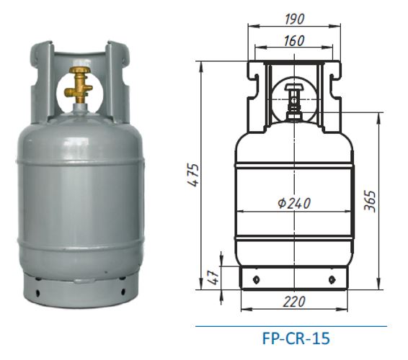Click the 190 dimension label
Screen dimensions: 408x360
click(294, 19)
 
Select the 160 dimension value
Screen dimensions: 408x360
click(294, 41)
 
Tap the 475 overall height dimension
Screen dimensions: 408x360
click(194, 175)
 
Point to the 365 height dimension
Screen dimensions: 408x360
click(370, 201)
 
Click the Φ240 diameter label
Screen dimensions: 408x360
click(294, 203)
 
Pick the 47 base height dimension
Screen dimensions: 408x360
click(213, 277)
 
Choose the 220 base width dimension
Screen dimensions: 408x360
click(294, 302)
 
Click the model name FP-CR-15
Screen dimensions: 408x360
click(296, 338)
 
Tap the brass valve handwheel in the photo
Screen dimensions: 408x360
click(80, 71)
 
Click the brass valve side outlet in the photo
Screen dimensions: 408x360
click(68, 91)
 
